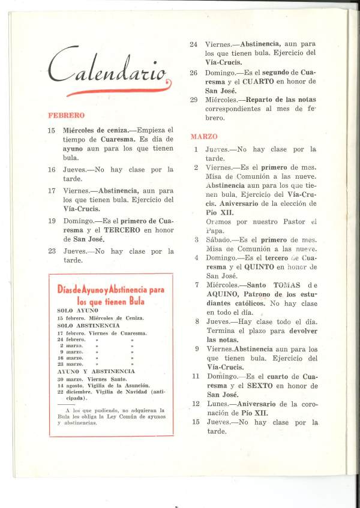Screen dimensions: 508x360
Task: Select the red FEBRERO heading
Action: click(66, 115)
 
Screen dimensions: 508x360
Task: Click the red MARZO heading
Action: click(204, 137)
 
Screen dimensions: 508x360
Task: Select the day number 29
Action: click(194, 100)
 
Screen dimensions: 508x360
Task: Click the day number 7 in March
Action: click(197, 284)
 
